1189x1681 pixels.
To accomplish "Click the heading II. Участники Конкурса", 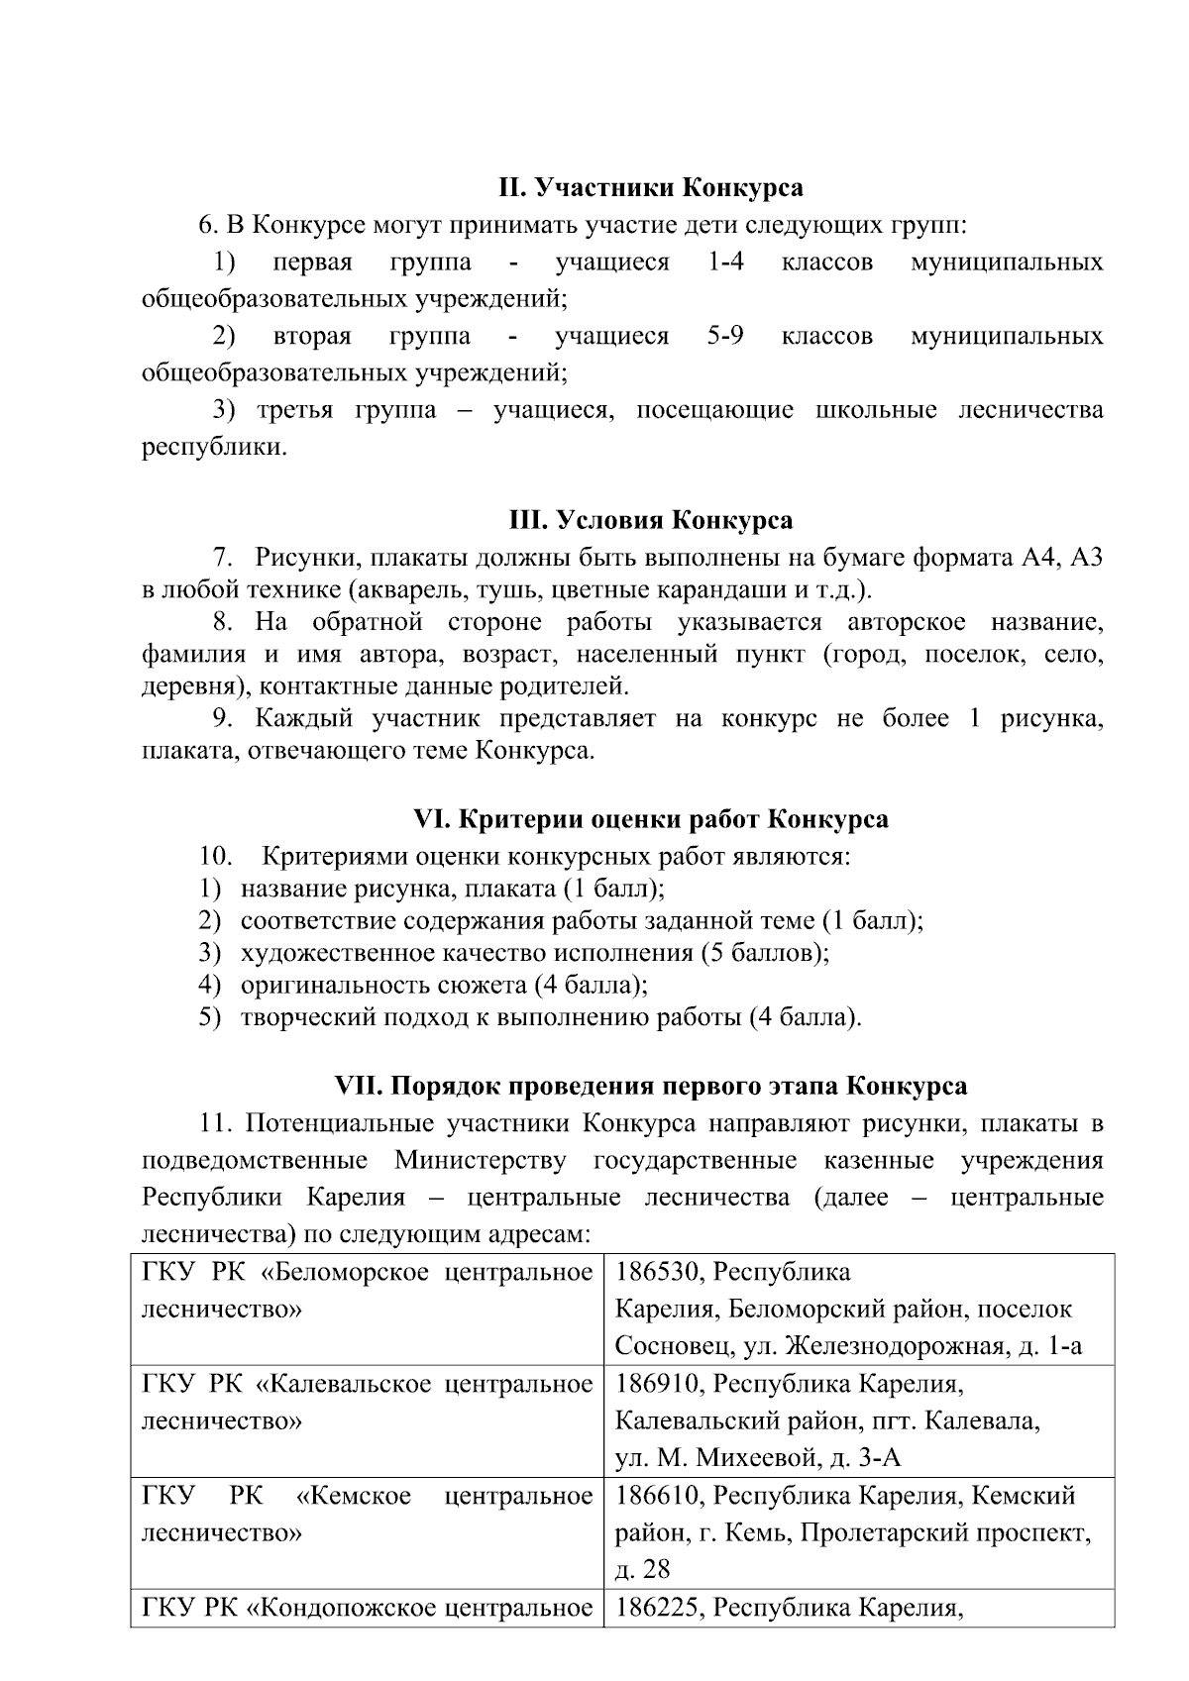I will point(650,188).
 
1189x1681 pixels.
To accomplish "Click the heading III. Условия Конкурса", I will point(650,521).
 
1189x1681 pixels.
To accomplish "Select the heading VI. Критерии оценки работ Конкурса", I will point(650,820).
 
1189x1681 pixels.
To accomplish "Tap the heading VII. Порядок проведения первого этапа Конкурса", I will point(650,1086).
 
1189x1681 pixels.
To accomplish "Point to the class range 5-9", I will point(725,337).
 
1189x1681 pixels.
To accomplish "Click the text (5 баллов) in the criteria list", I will point(764,953).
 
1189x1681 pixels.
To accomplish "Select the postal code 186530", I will point(657,1272).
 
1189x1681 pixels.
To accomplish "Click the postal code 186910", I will point(657,1384).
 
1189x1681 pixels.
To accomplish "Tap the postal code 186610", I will point(657,1496).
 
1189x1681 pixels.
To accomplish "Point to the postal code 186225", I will point(657,1607).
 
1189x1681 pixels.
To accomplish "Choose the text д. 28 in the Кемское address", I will point(642,1570).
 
